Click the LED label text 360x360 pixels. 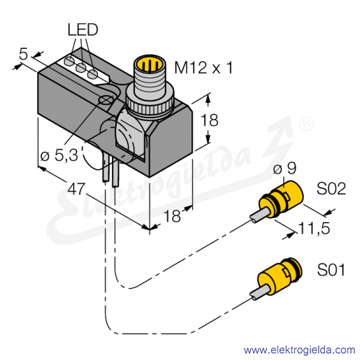[82, 30]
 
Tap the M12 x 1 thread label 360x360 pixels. [203, 68]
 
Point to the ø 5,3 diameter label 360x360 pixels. [59, 155]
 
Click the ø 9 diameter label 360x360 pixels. [285, 168]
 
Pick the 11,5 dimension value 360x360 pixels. [314, 228]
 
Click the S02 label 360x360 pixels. [331, 189]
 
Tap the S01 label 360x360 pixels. [331, 270]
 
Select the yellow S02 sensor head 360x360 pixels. [281, 199]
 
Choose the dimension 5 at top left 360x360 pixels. [23, 55]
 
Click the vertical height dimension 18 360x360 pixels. [210, 120]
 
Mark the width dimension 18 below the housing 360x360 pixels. [172, 215]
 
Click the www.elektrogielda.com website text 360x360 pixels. [299, 350]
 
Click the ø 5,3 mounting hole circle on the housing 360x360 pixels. [106, 100]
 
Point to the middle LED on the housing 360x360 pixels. [81, 68]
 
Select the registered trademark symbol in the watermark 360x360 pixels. [306, 124]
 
